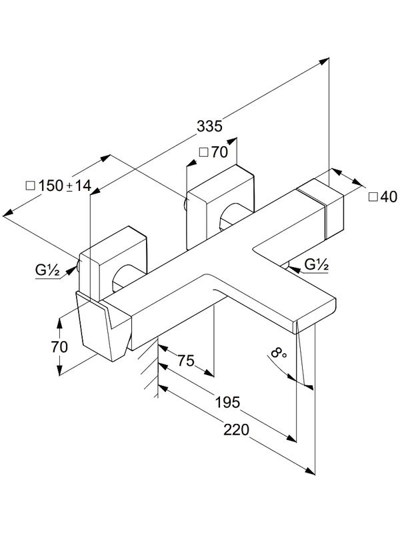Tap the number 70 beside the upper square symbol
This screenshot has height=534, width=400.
coord(219,152)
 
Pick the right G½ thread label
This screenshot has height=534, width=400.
coord(317,265)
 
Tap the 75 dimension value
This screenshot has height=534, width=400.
coord(185,361)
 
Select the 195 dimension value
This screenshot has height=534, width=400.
coord(228,402)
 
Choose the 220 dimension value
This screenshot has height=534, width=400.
coord(236,431)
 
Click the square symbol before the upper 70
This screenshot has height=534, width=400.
coord(203,152)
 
